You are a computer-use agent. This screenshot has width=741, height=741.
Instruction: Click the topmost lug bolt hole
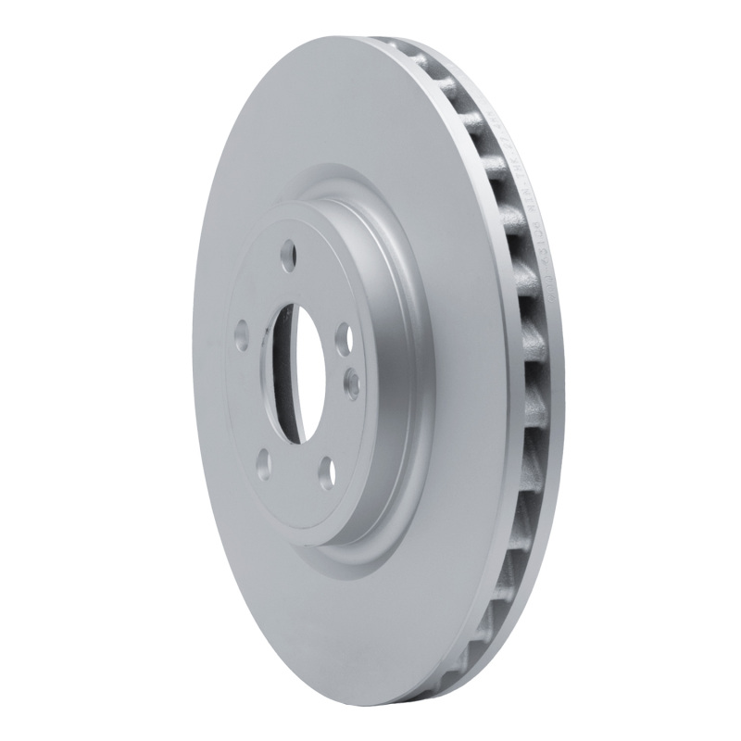(x=288, y=251)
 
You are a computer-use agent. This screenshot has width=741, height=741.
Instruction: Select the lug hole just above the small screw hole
(x=341, y=334)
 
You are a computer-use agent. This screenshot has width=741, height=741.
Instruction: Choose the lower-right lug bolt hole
(x=326, y=472)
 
